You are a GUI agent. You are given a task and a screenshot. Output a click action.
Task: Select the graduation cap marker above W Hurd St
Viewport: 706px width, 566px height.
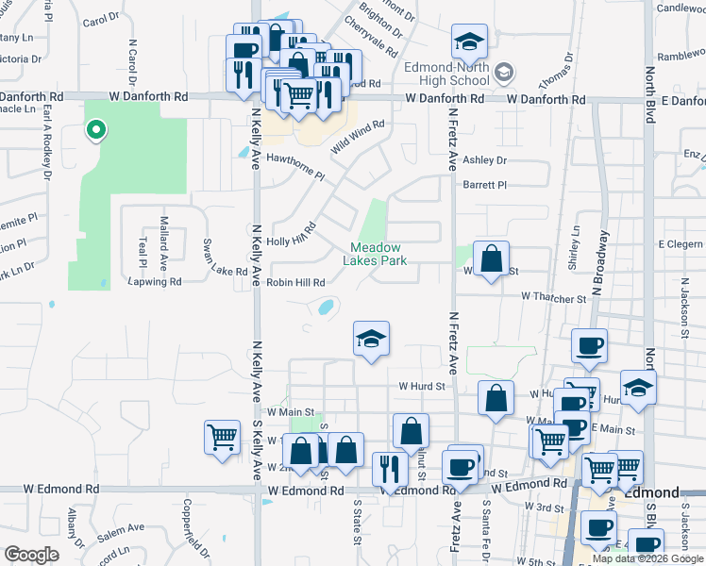(372, 339)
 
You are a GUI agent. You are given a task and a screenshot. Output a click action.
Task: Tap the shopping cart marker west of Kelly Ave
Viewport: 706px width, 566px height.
(222, 439)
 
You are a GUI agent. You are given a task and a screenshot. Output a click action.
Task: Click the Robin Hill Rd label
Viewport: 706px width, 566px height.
(296, 282)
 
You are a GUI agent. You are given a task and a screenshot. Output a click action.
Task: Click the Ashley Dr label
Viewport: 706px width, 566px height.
(484, 161)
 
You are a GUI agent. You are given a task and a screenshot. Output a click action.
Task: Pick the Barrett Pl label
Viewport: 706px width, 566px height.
(484, 186)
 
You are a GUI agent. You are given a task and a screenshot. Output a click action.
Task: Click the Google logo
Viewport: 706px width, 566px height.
(31, 555)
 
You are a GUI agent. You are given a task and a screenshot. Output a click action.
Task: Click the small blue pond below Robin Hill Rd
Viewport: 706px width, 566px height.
(326, 307)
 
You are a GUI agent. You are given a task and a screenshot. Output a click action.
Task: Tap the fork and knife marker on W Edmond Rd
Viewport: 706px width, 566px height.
(389, 469)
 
